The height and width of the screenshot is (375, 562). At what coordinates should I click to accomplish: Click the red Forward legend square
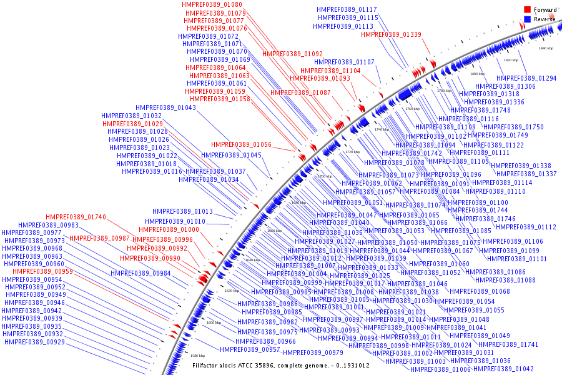point(528,9)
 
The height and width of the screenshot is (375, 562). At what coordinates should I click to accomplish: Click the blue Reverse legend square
point(528,19)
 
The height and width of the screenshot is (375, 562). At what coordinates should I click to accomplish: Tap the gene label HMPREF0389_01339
point(391,34)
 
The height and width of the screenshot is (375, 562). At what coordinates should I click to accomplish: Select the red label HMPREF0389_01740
point(76,217)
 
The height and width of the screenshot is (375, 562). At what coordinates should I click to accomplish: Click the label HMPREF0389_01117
point(347,10)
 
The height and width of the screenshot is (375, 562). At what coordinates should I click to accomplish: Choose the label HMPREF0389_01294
point(526,78)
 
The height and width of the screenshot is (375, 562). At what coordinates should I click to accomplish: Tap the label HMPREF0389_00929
point(34,342)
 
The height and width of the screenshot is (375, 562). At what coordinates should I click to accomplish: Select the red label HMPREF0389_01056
point(240,144)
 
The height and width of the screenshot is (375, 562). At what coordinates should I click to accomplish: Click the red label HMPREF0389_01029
point(133,124)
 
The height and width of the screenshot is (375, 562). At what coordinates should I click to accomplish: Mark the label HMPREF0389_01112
point(526,227)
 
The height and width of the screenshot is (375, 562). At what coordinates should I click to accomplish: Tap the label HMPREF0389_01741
point(508,344)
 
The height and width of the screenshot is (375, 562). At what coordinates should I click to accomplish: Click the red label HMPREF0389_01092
point(292,54)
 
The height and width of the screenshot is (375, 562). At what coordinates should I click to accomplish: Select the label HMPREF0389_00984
point(140,273)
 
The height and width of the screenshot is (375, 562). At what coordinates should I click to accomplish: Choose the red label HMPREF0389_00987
point(99,239)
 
